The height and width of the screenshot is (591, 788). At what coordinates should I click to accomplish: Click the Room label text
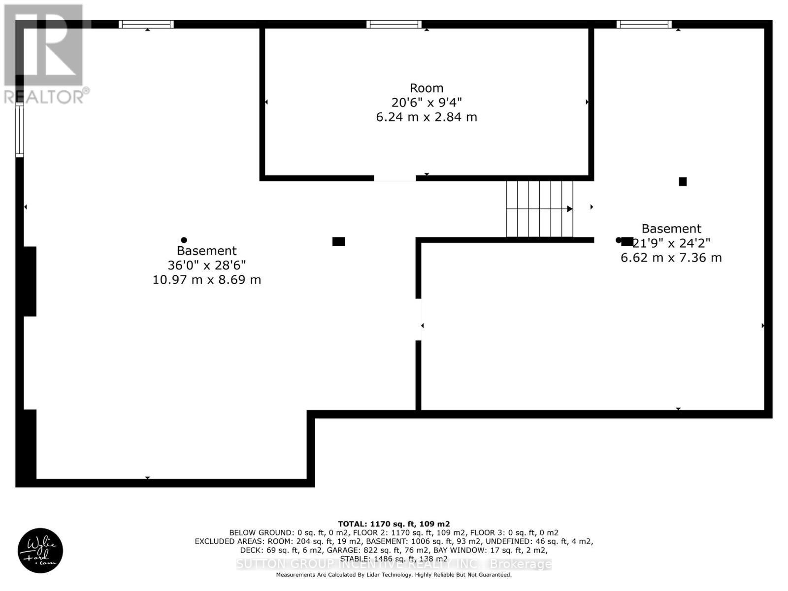tap(427, 88)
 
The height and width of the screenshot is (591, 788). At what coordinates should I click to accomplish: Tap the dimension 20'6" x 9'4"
tap(427, 102)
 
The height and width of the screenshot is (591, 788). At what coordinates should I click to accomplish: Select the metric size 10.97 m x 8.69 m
tap(206, 280)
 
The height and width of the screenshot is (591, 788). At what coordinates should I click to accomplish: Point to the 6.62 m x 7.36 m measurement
tap(671, 258)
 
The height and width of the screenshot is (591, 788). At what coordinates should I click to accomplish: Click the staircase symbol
tap(540, 209)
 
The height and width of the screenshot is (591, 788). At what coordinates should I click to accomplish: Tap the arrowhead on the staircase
tap(569, 209)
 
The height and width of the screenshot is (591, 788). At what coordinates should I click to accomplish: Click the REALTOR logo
tap(45, 54)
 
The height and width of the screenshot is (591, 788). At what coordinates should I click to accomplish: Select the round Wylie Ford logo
tap(40, 551)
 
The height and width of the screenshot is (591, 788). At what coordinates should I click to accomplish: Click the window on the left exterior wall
tap(20, 131)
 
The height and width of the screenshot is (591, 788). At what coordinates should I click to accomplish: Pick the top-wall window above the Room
tap(394, 24)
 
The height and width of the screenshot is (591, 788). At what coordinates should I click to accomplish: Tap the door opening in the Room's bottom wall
tap(394, 178)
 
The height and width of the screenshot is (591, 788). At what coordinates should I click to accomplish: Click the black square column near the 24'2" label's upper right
tap(683, 182)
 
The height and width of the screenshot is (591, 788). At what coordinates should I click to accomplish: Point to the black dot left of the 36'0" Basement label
tap(184, 240)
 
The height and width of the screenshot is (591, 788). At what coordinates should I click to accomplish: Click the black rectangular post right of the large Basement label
tap(338, 241)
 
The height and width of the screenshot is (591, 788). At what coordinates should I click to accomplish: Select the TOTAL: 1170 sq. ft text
tap(394, 524)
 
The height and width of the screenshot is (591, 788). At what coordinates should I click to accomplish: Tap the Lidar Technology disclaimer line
tap(394, 575)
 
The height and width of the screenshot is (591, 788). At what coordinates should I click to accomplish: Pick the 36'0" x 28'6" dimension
tap(206, 265)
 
